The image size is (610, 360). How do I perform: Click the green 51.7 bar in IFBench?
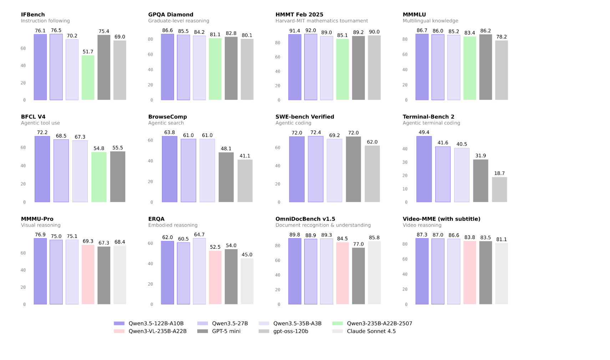pyautogui.click(x=88, y=78)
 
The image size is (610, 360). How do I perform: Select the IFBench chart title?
pyautogui.click(x=33, y=15)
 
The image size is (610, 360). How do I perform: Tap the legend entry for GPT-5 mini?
pyautogui.click(x=219, y=331)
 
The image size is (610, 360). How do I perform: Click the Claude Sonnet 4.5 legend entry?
pyautogui.click(x=364, y=331)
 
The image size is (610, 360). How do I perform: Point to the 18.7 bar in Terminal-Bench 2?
pyautogui.click(x=499, y=190)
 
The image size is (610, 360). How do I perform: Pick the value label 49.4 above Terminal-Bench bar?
pyautogui.click(x=424, y=132)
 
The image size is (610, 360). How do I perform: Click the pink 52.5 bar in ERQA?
pyautogui.click(x=215, y=278)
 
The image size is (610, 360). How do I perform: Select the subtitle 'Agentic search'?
pyautogui.click(x=166, y=123)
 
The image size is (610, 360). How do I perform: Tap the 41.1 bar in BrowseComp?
pyautogui.click(x=245, y=181)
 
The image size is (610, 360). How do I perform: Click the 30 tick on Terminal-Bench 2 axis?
pyautogui.click(x=405, y=162)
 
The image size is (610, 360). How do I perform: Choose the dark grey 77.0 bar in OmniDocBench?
pyautogui.click(x=359, y=276)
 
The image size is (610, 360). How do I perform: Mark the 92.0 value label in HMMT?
pyautogui.click(x=310, y=31)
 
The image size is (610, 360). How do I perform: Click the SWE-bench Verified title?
pyautogui.click(x=305, y=117)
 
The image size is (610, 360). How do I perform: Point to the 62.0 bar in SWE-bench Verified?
pyautogui.click(x=372, y=174)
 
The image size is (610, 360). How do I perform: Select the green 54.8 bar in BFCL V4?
pyautogui.click(x=99, y=177)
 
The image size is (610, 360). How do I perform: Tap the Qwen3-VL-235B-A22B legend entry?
pyautogui.click(x=150, y=331)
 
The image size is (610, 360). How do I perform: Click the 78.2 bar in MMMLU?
pyautogui.click(x=502, y=70)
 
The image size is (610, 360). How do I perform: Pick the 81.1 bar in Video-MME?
pyautogui.click(x=502, y=274)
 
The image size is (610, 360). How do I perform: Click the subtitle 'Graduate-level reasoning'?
pyautogui.click(x=179, y=21)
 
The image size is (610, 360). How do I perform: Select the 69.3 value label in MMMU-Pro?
pyautogui.click(x=88, y=241)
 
